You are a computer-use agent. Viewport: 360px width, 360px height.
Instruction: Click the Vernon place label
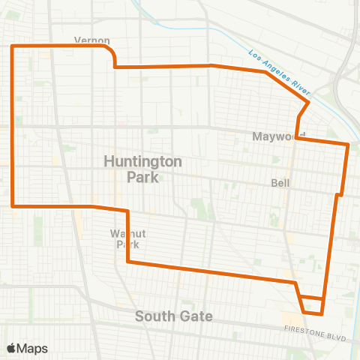coord(92,40)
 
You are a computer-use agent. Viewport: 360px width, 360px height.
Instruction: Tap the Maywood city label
coord(271,136)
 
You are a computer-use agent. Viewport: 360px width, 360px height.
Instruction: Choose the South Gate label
coord(174,316)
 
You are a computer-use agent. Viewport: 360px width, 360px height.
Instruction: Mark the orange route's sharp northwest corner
coord(12,46)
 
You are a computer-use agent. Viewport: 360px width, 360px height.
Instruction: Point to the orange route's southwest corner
coord(13,205)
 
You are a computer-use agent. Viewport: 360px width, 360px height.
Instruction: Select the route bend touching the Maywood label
coord(297,137)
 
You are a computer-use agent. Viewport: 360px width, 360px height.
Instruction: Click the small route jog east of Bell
coord(340,195)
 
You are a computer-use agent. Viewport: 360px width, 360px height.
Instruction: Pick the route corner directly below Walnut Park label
coord(129,262)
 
